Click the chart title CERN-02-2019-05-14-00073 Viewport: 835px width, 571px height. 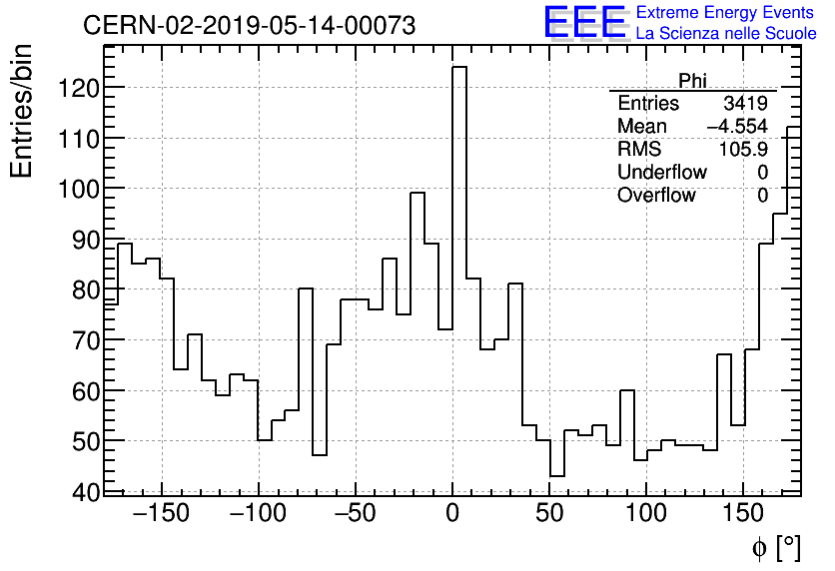pos(249,26)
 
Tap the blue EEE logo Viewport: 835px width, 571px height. pos(584,23)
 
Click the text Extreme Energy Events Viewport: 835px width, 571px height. pos(726,13)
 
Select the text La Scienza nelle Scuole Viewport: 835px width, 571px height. pos(726,33)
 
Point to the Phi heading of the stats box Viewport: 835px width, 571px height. pos(692,81)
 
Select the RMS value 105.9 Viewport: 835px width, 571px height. pos(743,150)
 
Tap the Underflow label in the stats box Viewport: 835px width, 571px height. pos(661,173)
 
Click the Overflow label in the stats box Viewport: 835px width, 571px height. pos(656,196)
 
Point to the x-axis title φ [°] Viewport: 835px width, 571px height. pos(775,548)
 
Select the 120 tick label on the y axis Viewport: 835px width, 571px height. pos(76,89)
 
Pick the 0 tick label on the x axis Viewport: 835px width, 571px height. pos(452,515)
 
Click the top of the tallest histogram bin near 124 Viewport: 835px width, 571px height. pos(459,68)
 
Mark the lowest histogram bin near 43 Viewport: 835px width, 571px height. pos(557,475)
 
